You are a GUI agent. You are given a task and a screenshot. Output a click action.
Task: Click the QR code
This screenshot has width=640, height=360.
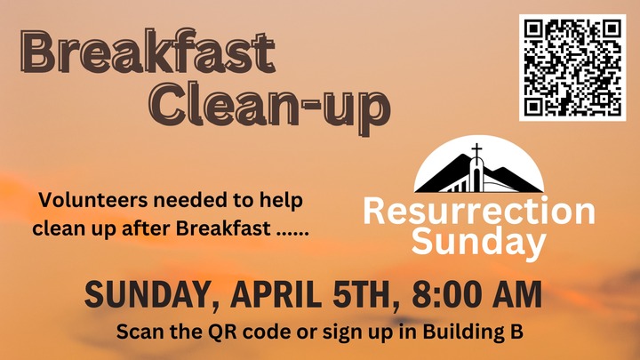coord(572,66)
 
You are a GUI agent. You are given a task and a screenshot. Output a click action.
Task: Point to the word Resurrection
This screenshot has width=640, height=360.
coord(479,212)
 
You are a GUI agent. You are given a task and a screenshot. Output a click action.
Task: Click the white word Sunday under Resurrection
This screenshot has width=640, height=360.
coord(479,241)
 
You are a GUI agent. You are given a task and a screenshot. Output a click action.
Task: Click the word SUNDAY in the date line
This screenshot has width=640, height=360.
coord(146,293)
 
